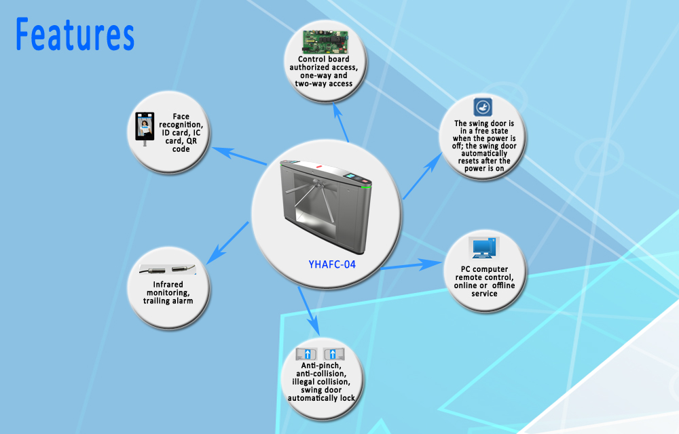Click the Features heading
point(75,35)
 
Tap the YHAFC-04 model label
point(332,264)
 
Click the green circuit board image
point(325,42)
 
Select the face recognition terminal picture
point(145,128)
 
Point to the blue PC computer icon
point(484,248)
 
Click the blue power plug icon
point(482,106)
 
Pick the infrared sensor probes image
point(168,270)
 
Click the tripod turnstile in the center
point(326,205)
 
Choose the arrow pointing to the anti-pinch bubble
point(309,311)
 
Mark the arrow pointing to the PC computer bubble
point(411,264)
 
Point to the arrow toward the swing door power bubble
point(422,176)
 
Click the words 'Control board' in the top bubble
point(323,59)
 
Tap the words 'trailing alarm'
point(168,301)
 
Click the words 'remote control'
point(484,277)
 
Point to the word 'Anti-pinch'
point(321,366)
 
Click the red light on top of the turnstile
point(319,166)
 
